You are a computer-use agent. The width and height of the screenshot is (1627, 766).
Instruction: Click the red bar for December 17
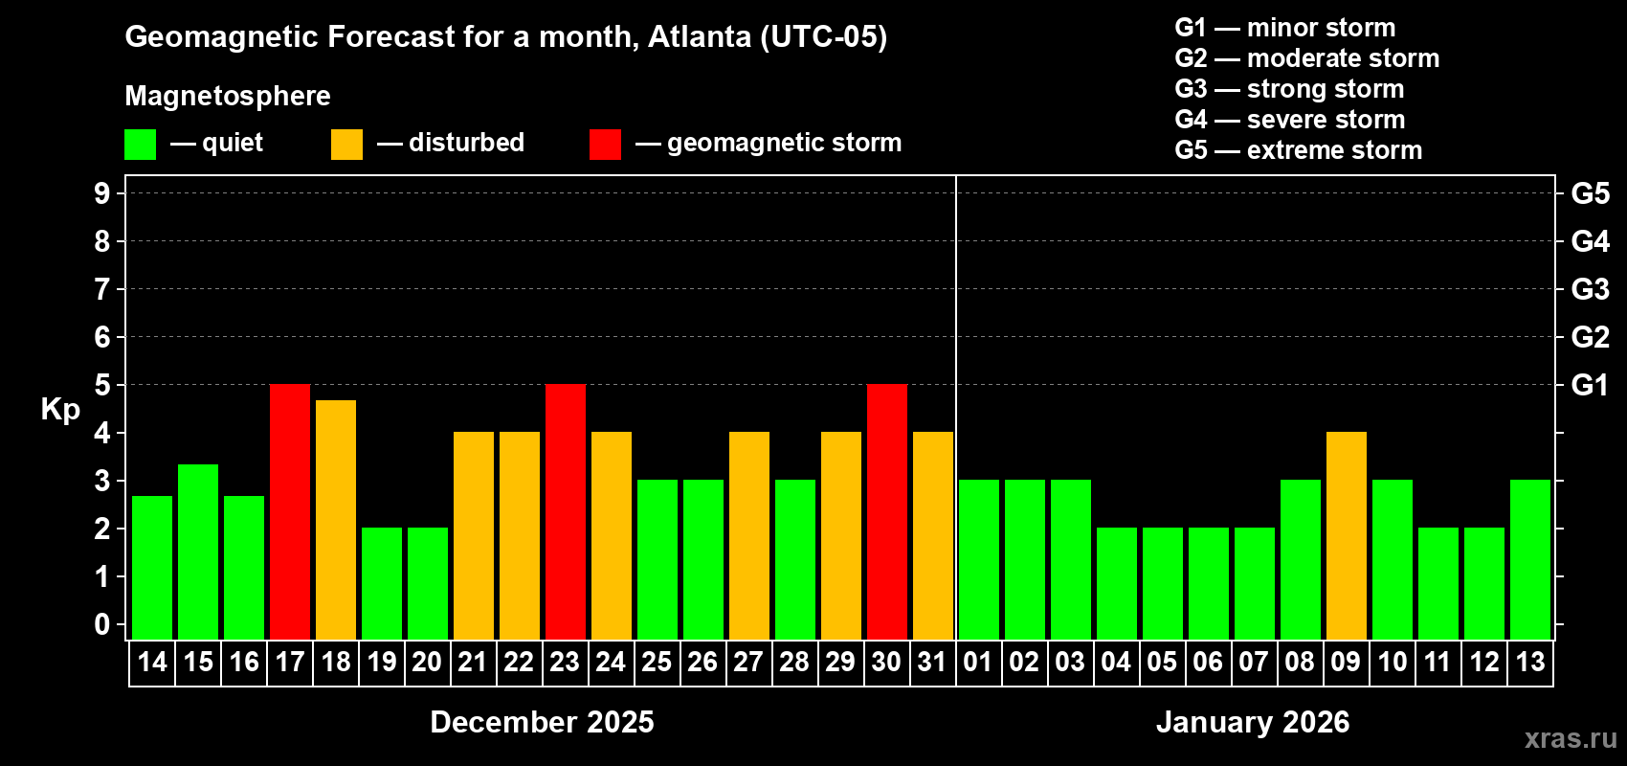(290, 511)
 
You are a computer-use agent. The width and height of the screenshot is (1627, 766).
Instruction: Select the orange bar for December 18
(336, 519)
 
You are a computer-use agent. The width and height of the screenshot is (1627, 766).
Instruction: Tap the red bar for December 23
(566, 511)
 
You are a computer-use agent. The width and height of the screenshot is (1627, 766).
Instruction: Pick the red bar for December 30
(887, 511)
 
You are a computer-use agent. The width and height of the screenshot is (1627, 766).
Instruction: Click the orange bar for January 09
(1347, 535)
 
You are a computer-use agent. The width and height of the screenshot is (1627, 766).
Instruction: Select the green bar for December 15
(198, 552)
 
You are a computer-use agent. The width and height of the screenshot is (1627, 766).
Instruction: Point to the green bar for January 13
(1530, 559)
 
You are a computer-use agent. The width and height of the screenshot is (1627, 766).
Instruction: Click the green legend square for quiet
(141, 145)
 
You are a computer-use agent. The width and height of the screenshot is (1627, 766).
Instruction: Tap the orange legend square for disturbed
(346, 145)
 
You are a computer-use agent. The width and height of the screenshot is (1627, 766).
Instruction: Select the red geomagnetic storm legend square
(605, 145)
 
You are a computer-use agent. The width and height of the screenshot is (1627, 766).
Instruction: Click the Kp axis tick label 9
(102, 193)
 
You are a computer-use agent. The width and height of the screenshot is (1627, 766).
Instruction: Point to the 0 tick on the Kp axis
(102, 624)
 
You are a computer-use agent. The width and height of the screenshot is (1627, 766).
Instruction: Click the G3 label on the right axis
(1590, 289)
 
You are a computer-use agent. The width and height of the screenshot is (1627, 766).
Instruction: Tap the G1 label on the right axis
(1590, 385)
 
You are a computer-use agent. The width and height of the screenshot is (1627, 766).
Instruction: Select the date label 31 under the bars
(932, 662)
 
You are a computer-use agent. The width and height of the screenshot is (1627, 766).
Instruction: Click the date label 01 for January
(978, 662)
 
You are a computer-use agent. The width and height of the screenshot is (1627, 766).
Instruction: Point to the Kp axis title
(60, 410)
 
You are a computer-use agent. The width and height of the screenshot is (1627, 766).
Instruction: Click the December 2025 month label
(542, 722)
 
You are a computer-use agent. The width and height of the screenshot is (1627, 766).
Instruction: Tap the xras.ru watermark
(1571, 737)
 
